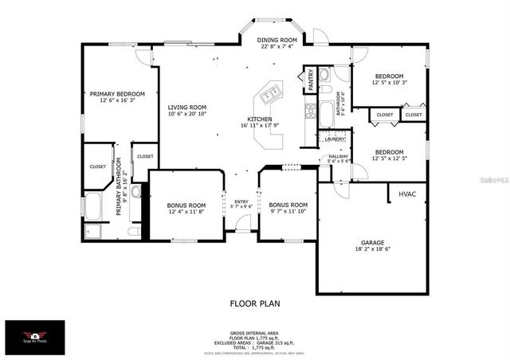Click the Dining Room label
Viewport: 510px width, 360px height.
pos(277,40)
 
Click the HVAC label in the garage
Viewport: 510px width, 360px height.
pos(407,194)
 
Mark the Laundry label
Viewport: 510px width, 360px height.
pos(335,139)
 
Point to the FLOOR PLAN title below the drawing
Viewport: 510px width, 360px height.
pos(254,303)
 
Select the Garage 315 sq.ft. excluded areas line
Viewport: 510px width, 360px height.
pos(256,343)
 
